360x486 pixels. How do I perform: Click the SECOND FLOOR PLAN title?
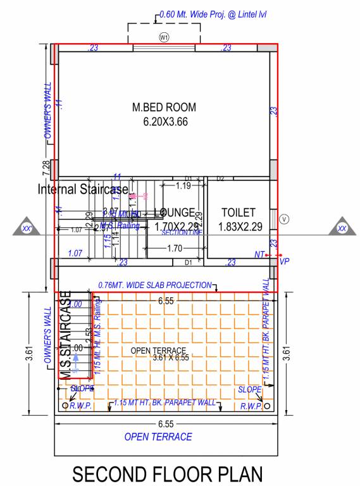[166, 473]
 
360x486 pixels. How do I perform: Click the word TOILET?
[238, 213]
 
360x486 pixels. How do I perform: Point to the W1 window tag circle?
[164, 38]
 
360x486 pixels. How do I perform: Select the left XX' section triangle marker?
[27, 227]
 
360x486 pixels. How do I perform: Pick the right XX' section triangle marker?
[342, 227]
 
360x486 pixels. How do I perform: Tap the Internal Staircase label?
[83, 189]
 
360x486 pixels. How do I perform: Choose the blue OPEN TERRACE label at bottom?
[158, 437]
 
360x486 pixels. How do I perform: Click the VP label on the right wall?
[283, 260]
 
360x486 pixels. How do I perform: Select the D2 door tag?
[221, 179]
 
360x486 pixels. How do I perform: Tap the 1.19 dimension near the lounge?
[183, 186]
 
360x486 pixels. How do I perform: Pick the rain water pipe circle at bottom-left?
[65, 404]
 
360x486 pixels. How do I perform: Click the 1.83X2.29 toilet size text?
[238, 227]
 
